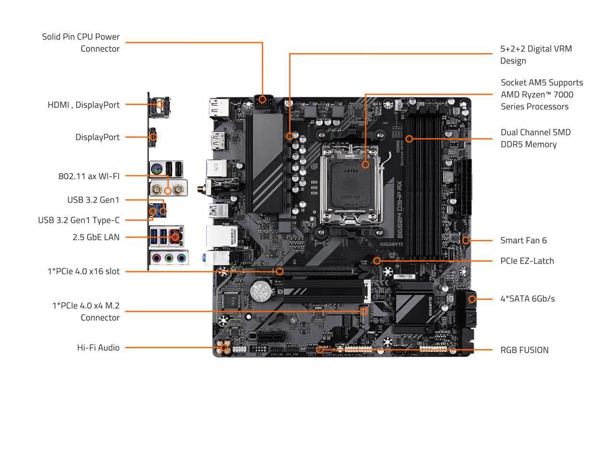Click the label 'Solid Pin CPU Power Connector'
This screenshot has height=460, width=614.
click(81, 43)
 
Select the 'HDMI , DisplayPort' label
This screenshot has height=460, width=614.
click(83, 104)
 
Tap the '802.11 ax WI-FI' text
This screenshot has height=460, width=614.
click(89, 176)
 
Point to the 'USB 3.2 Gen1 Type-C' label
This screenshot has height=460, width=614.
click(79, 220)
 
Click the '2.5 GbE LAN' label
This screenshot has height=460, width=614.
click(96, 237)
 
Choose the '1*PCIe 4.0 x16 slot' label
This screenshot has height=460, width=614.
click(83, 271)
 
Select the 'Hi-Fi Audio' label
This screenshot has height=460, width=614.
click(98, 347)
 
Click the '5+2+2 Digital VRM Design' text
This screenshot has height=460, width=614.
click(536, 55)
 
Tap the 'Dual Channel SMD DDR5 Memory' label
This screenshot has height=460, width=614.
click(535, 138)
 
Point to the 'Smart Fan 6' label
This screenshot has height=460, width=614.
click(523, 240)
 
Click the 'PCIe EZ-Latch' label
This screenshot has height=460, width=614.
click(527, 261)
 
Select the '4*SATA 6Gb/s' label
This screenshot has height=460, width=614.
click(527, 299)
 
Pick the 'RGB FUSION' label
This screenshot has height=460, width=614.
click(524, 350)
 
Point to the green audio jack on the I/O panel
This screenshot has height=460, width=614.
click(168, 258)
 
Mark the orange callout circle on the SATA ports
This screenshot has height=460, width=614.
click(472, 299)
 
